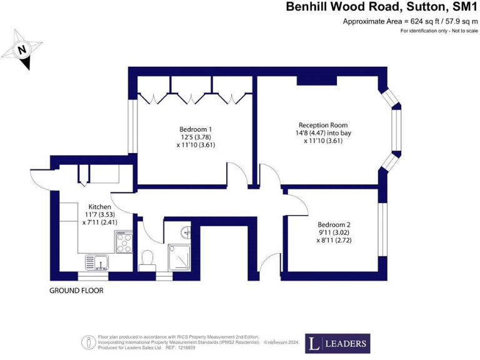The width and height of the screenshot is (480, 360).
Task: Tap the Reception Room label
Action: point(322,125)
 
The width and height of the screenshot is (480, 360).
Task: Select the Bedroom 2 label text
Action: point(334,224)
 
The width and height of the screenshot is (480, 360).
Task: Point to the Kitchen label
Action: point(99,206)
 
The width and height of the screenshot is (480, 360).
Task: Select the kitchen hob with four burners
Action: point(123,242)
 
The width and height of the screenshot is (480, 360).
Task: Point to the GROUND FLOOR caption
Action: point(76,291)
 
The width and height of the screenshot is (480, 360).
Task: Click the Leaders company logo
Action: point(337,343)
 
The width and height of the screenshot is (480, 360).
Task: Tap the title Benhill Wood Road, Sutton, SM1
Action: point(381,7)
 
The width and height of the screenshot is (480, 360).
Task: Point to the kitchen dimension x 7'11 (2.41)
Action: point(99,221)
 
